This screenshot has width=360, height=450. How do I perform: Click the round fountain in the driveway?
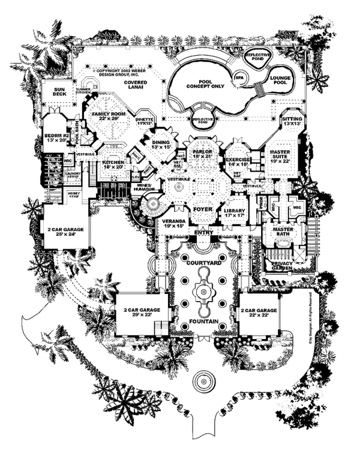pyautogui.click(x=202, y=380)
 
